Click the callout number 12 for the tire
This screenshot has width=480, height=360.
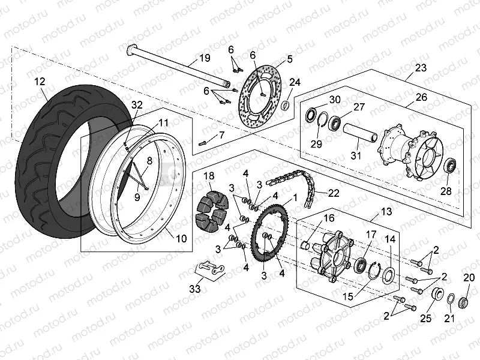[x=40, y=81]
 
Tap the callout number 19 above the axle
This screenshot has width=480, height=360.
[x=205, y=59]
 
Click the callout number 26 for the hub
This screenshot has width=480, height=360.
[x=421, y=97]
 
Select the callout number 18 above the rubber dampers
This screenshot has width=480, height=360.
[x=209, y=176]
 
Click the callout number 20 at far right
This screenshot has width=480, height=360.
[x=469, y=277]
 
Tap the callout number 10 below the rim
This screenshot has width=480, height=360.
[x=181, y=238]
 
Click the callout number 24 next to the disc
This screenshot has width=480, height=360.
[x=295, y=82]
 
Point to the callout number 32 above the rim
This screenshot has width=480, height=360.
[x=137, y=104]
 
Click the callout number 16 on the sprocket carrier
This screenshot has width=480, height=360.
[x=329, y=218]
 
